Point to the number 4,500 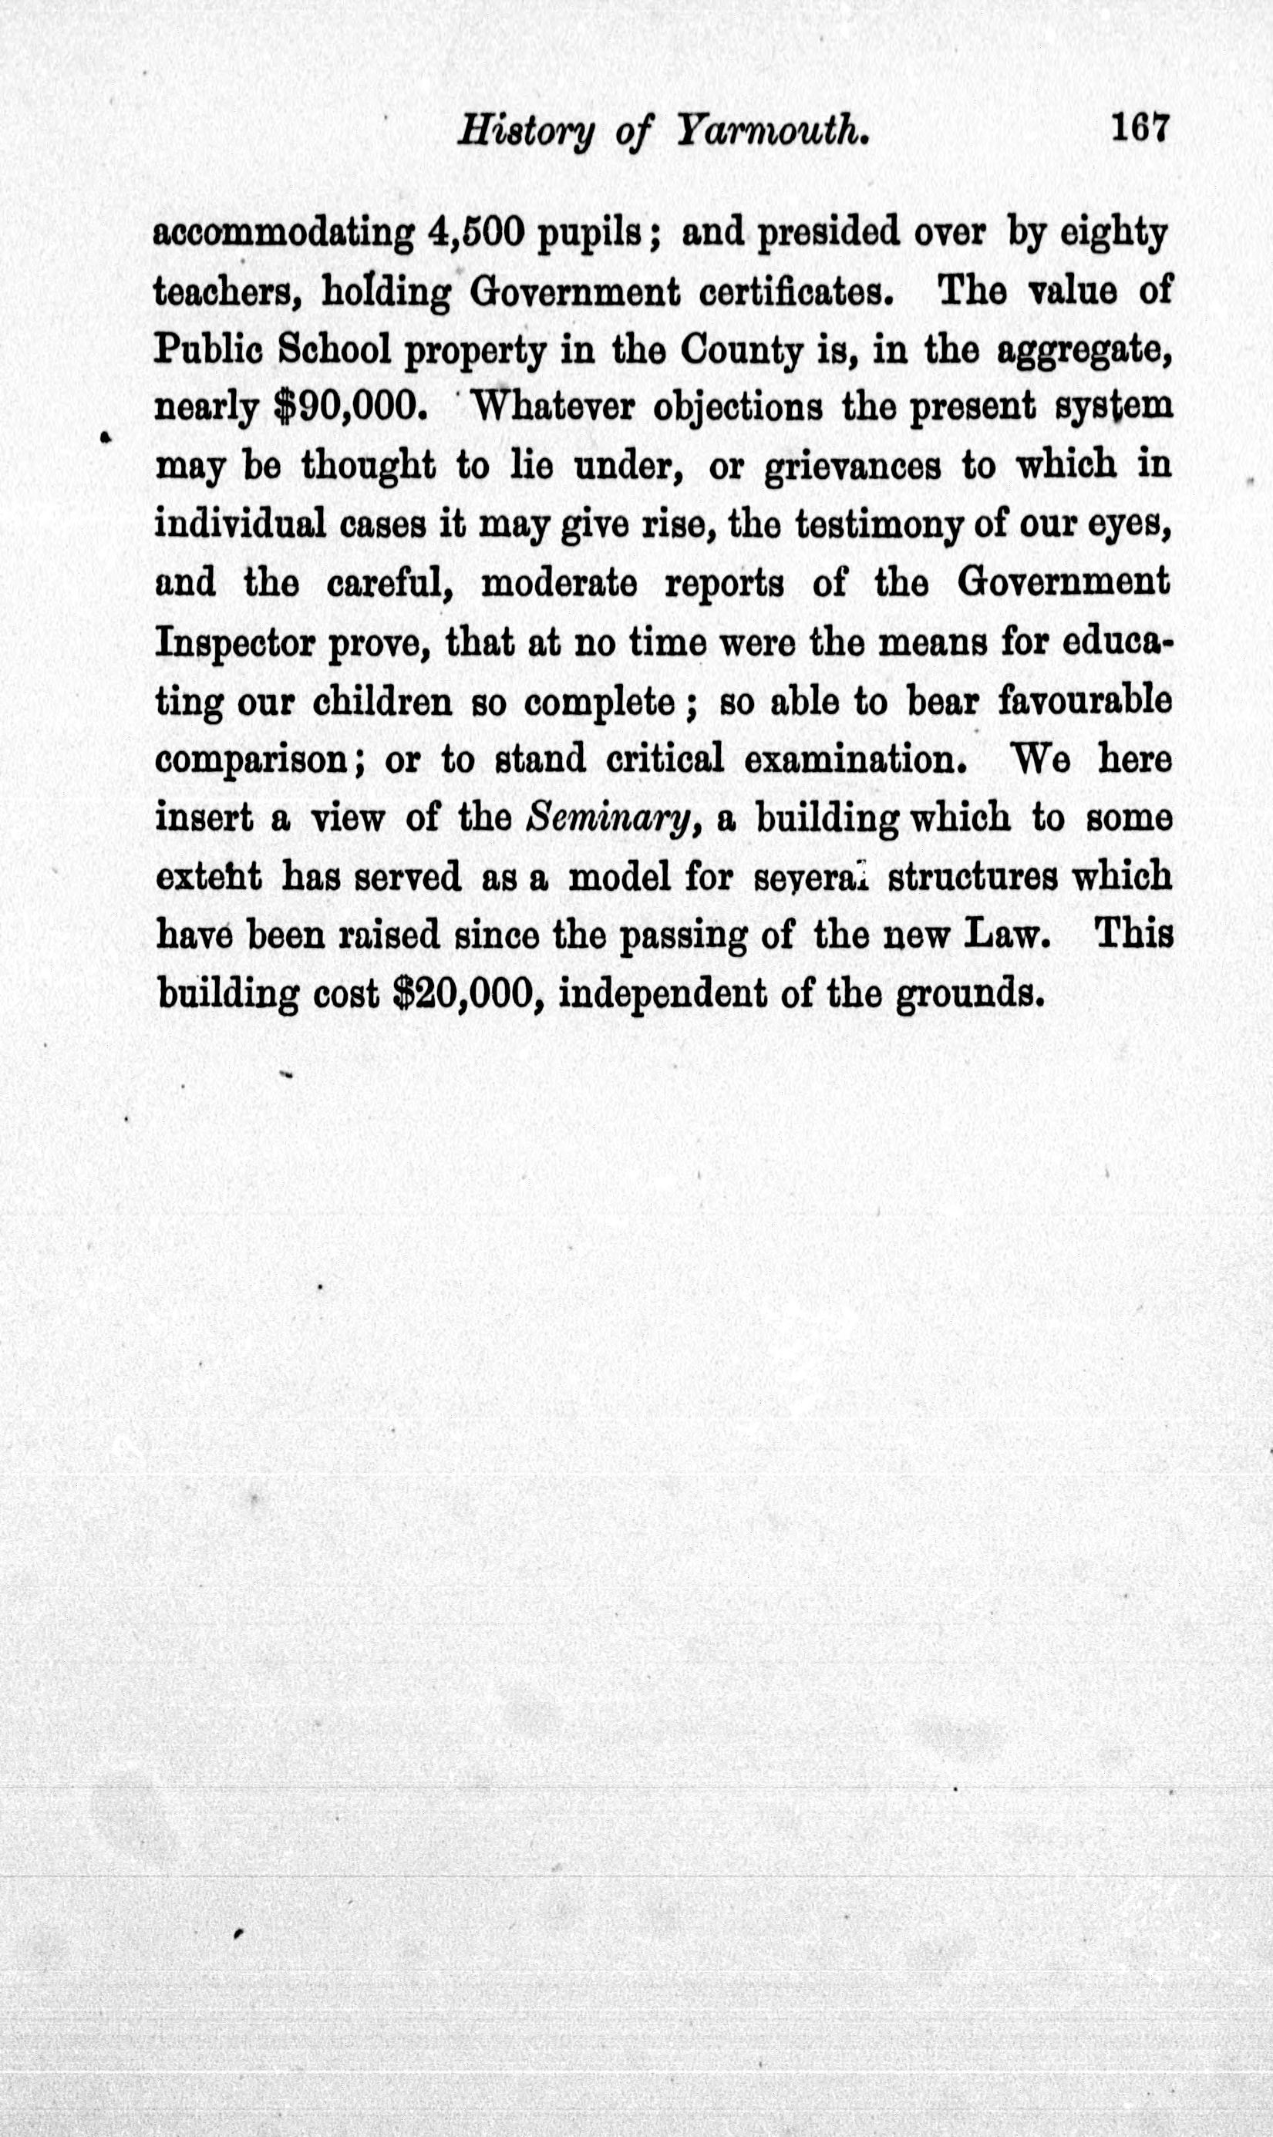pyautogui.click(x=473, y=234)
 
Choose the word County pyautogui.click(x=739, y=351)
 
